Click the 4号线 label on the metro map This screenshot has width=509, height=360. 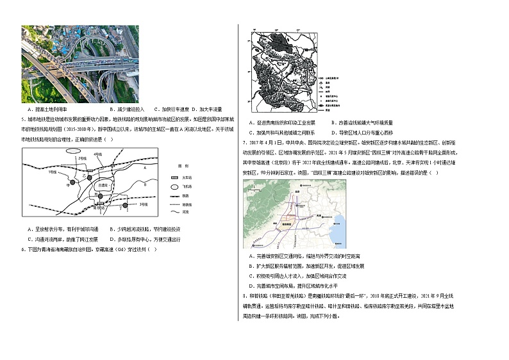97,154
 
